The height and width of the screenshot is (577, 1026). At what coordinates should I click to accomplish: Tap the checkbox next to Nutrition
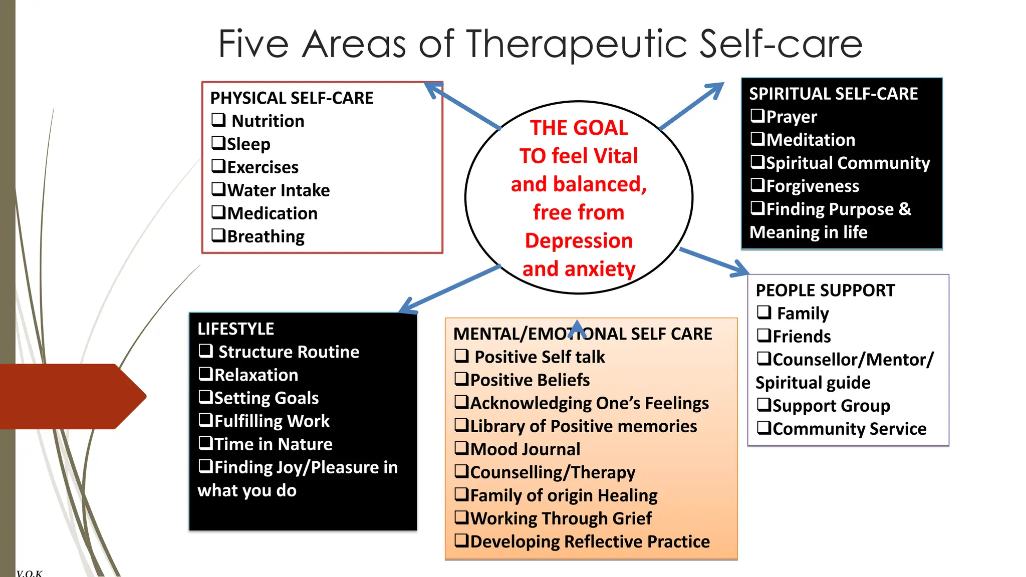tap(218, 120)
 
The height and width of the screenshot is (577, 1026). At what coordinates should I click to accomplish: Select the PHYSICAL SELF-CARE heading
tap(292, 98)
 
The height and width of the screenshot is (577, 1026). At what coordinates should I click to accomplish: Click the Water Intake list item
tap(278, 190)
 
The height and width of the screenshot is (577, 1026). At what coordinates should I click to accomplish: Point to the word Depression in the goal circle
tap(579, 241)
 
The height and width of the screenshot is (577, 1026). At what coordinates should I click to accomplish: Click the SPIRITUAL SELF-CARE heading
tap(833, 94)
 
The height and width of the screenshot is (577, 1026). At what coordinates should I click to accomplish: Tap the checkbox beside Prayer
tap(757, 116)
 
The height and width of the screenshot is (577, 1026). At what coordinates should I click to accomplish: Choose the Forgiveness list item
tap(812, 186)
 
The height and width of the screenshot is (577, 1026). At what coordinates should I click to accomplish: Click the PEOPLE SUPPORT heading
tap(825, 291)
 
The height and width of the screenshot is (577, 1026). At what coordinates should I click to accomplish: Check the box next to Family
tap(764, 312)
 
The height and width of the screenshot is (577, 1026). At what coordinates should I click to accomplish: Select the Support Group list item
tap(831, 406)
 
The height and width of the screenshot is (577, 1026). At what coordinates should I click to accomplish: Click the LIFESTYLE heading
tap(235, 329)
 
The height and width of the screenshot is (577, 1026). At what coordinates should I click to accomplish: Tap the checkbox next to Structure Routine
tap(206, 351)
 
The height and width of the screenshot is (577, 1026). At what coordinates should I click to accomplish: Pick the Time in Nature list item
tap(273, 444)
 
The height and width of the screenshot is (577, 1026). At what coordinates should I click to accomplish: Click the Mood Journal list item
tap(525, 449)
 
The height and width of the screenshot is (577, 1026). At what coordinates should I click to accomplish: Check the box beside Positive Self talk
tap(461, 356)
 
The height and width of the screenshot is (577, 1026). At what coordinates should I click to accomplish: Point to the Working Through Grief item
tap(561, 518)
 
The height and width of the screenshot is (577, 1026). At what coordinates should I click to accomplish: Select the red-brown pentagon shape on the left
tap(70, 396)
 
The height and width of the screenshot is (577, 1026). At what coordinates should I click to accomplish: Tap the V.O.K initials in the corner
tap(29, 573)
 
